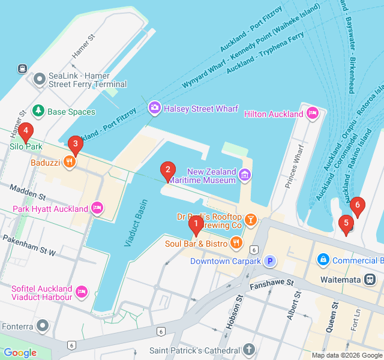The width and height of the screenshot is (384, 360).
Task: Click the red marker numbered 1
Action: [196, 225]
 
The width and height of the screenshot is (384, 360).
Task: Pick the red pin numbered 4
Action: [25, 131]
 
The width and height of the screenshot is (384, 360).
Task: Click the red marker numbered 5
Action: [345, 224]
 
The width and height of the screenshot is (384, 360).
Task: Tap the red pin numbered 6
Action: [358, 206]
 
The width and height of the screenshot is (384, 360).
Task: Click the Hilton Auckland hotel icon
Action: [312, 113]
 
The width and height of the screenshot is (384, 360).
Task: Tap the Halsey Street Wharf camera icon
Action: [154, 107]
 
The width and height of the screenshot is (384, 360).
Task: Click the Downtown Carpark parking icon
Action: [270, 261]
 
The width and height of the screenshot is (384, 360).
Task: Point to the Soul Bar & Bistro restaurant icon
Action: [236, 243]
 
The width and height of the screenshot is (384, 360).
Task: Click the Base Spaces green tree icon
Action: [38, 111]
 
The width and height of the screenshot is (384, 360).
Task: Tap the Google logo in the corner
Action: [20, 353]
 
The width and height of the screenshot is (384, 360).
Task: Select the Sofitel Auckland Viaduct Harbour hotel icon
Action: [83, 292]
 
